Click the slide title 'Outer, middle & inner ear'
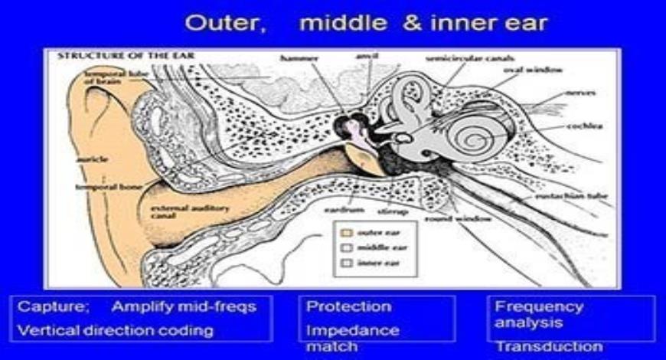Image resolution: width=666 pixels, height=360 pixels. tap(366, 23)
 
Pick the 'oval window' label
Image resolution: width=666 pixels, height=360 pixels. tap(533, 70)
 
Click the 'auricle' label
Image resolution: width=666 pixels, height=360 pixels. tap(92, 160)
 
